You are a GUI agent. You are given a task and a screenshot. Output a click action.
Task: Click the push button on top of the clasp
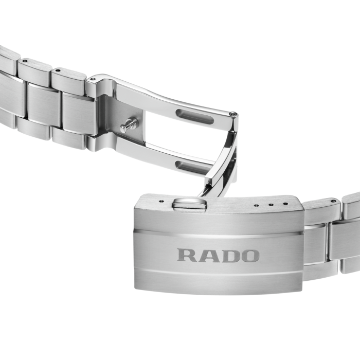tap(189, 204)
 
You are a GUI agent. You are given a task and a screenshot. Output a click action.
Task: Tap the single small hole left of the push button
tap(161, 201)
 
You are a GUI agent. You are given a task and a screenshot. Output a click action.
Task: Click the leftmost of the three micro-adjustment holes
tap(257, 205)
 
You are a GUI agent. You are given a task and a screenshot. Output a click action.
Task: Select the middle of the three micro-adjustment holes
tap(272, 204)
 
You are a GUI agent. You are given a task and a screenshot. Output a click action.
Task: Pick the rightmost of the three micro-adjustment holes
tap(285, 203)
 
